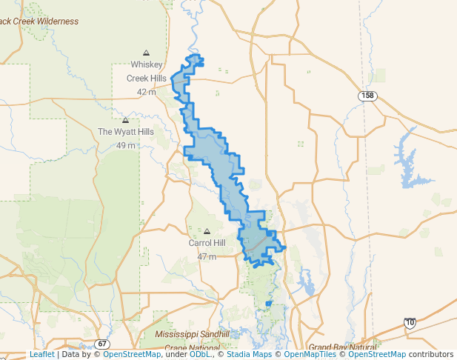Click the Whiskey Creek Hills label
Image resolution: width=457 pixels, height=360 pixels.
click(147, 71)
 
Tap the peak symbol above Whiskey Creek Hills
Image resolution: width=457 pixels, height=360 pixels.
click(146, 53)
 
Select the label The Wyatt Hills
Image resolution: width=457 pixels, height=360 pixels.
click(126, 132)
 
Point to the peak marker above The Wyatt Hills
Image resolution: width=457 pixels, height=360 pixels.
click(125, 120)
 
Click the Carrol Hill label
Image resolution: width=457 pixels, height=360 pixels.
click(207, 243)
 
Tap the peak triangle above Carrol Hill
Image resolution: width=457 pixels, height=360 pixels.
click(207, 231)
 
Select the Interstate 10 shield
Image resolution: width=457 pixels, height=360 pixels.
click(410, 323)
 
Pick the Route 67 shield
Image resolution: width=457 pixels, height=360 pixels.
click(102, 344)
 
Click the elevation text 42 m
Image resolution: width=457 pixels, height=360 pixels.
click(147, 92)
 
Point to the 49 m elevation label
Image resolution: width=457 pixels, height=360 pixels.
click(126, 145)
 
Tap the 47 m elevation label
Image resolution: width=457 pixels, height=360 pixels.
click(207, 256)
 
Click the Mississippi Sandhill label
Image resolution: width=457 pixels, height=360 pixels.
click(193, 335)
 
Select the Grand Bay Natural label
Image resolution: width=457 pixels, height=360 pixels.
click(343, 347)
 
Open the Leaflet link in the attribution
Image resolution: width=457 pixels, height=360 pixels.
click(41, 355)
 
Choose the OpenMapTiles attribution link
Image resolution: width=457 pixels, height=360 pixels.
click(310, 355)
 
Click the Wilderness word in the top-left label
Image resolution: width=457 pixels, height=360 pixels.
click(53, 21)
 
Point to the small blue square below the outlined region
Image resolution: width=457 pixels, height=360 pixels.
click(268, 304)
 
